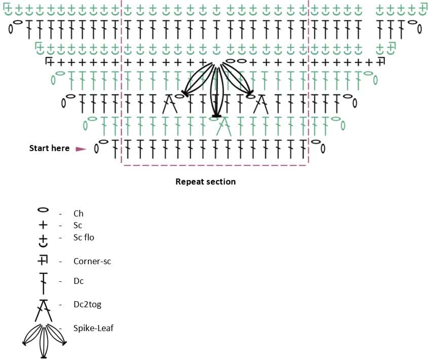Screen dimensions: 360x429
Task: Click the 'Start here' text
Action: tap(49, 148)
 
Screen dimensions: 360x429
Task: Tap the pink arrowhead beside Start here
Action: tap(81, 149)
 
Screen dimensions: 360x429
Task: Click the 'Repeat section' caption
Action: tap(205, 182)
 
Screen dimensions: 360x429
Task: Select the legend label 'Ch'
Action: tap(79, 213)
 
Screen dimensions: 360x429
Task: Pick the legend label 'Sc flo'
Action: tap(84, 237)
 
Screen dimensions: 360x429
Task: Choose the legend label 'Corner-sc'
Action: tap(92, 262)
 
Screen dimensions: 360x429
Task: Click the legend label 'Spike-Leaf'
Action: tap(93, 328)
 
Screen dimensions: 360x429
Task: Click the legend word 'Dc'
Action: tap(79, 281)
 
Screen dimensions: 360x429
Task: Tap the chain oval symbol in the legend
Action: tap(44, 209)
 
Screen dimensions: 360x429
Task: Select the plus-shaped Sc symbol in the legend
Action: tap(44, 224)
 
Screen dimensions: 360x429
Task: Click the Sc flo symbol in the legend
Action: tap(44, 239)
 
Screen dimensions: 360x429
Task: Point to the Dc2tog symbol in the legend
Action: tap(44, 310)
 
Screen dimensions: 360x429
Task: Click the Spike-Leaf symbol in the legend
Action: tap(44, 335)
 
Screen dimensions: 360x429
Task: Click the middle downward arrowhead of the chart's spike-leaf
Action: tap(217, 116)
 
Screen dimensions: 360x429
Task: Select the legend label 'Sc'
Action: tap(78, 225)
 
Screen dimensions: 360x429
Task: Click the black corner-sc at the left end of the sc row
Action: tap(50, 62)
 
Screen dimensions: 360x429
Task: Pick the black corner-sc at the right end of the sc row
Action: tap(380, 62)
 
